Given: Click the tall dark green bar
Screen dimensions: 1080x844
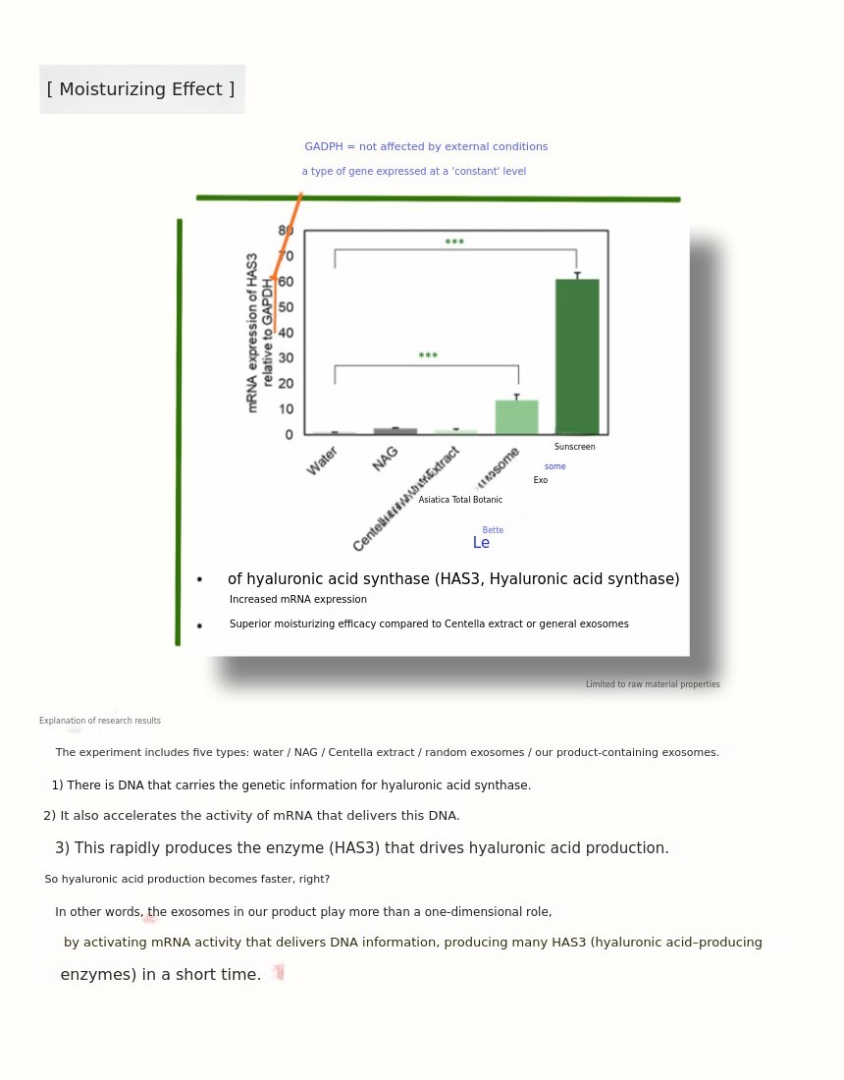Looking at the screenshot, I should pyautogui.click(x=577, y=355).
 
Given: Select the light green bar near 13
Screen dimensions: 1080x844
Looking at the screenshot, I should pyautogui.click(x=516, y=416).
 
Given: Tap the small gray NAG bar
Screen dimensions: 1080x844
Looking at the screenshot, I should pyautogui.click(x=395, y=430).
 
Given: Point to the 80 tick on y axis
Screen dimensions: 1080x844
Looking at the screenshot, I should pyautogui.click(x=286, y=231).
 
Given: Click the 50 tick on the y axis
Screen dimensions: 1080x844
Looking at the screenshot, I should pyautogui.click(x=286, y=307).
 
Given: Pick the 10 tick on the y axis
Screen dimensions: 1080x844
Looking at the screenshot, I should pyautogui.click(x=286, y=409).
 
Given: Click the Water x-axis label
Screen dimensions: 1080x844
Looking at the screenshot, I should pyautogui.click(x=322, y=460).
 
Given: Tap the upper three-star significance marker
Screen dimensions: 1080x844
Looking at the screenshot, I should pyautogui.click(x=454, y=243).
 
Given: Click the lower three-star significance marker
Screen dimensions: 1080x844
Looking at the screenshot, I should pyautogui.click(x=428, y=356).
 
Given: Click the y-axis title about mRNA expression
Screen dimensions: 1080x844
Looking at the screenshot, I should pyautogui.click(x=259, y=332).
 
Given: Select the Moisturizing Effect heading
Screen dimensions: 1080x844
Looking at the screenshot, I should pyautogui.click(x=141, y=89).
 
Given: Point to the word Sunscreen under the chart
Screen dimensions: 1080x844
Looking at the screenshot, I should pyautogui.click(x=574, y=447).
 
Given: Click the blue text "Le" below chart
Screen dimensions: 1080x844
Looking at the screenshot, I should pyautogui.click(x=481, y=543).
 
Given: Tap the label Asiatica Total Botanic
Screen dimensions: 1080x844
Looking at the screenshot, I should pyautogui.click(x=460, y=500).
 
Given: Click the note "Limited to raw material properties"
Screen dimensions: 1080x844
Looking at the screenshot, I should pyautogui.click(x=653, y=684).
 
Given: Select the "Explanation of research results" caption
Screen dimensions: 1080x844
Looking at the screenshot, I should pyautogui.click(x=100, y=721).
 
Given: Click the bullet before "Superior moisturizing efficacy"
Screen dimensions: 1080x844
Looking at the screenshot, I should pyautogui.click(x=199, y=625).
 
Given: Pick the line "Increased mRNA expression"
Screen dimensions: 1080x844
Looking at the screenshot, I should pyautogui.click(x=298, y=600).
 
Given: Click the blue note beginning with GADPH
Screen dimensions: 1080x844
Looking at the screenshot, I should pyautogui.click(x=426, y=147).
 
